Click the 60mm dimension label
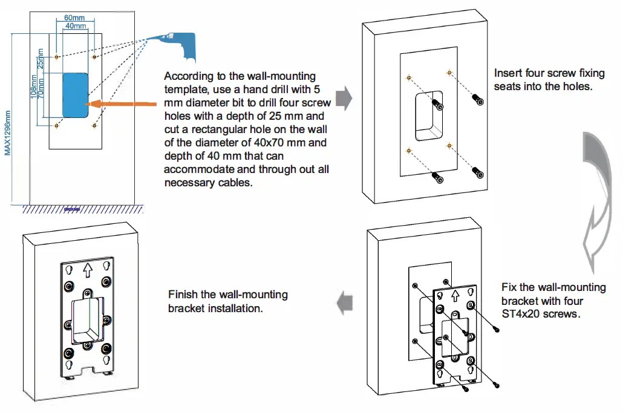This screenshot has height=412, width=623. tap(74, 18)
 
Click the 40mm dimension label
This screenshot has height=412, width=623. tap(76, 26)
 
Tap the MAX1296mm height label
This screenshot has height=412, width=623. tap(7, 133)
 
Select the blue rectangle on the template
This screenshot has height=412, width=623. tap(76, 95)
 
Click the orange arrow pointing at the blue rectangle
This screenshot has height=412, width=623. tap(121, 104)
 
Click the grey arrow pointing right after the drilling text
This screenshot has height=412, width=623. tap(344, 98)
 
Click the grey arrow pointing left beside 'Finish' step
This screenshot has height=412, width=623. tap(345, 303)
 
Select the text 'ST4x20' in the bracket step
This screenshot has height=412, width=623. tap(521, 314)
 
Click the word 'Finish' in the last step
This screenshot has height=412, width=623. tap(183, 295)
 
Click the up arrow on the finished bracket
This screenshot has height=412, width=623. tap(88, 270)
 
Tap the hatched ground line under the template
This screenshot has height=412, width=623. tap(82, 209)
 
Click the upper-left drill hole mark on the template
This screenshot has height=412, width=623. tap(56, 57)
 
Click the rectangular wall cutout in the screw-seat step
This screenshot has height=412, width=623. tap(429, 116)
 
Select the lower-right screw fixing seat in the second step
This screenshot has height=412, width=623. tap(478, 172)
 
